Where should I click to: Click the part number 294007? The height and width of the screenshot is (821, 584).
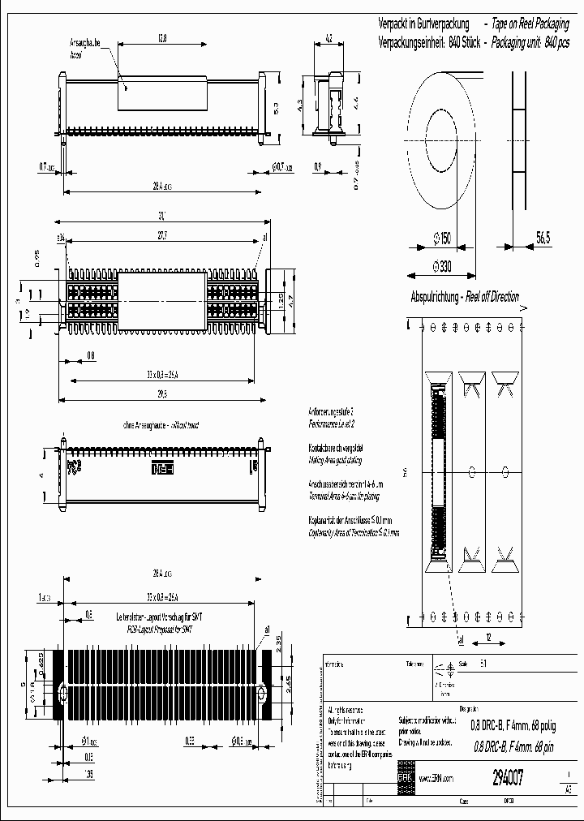507,777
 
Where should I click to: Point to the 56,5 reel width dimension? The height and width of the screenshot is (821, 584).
543,238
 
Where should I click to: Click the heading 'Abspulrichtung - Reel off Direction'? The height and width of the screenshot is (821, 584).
465,297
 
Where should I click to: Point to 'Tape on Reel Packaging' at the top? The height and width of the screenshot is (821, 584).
538,24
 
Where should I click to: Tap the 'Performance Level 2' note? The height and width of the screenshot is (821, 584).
332,423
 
